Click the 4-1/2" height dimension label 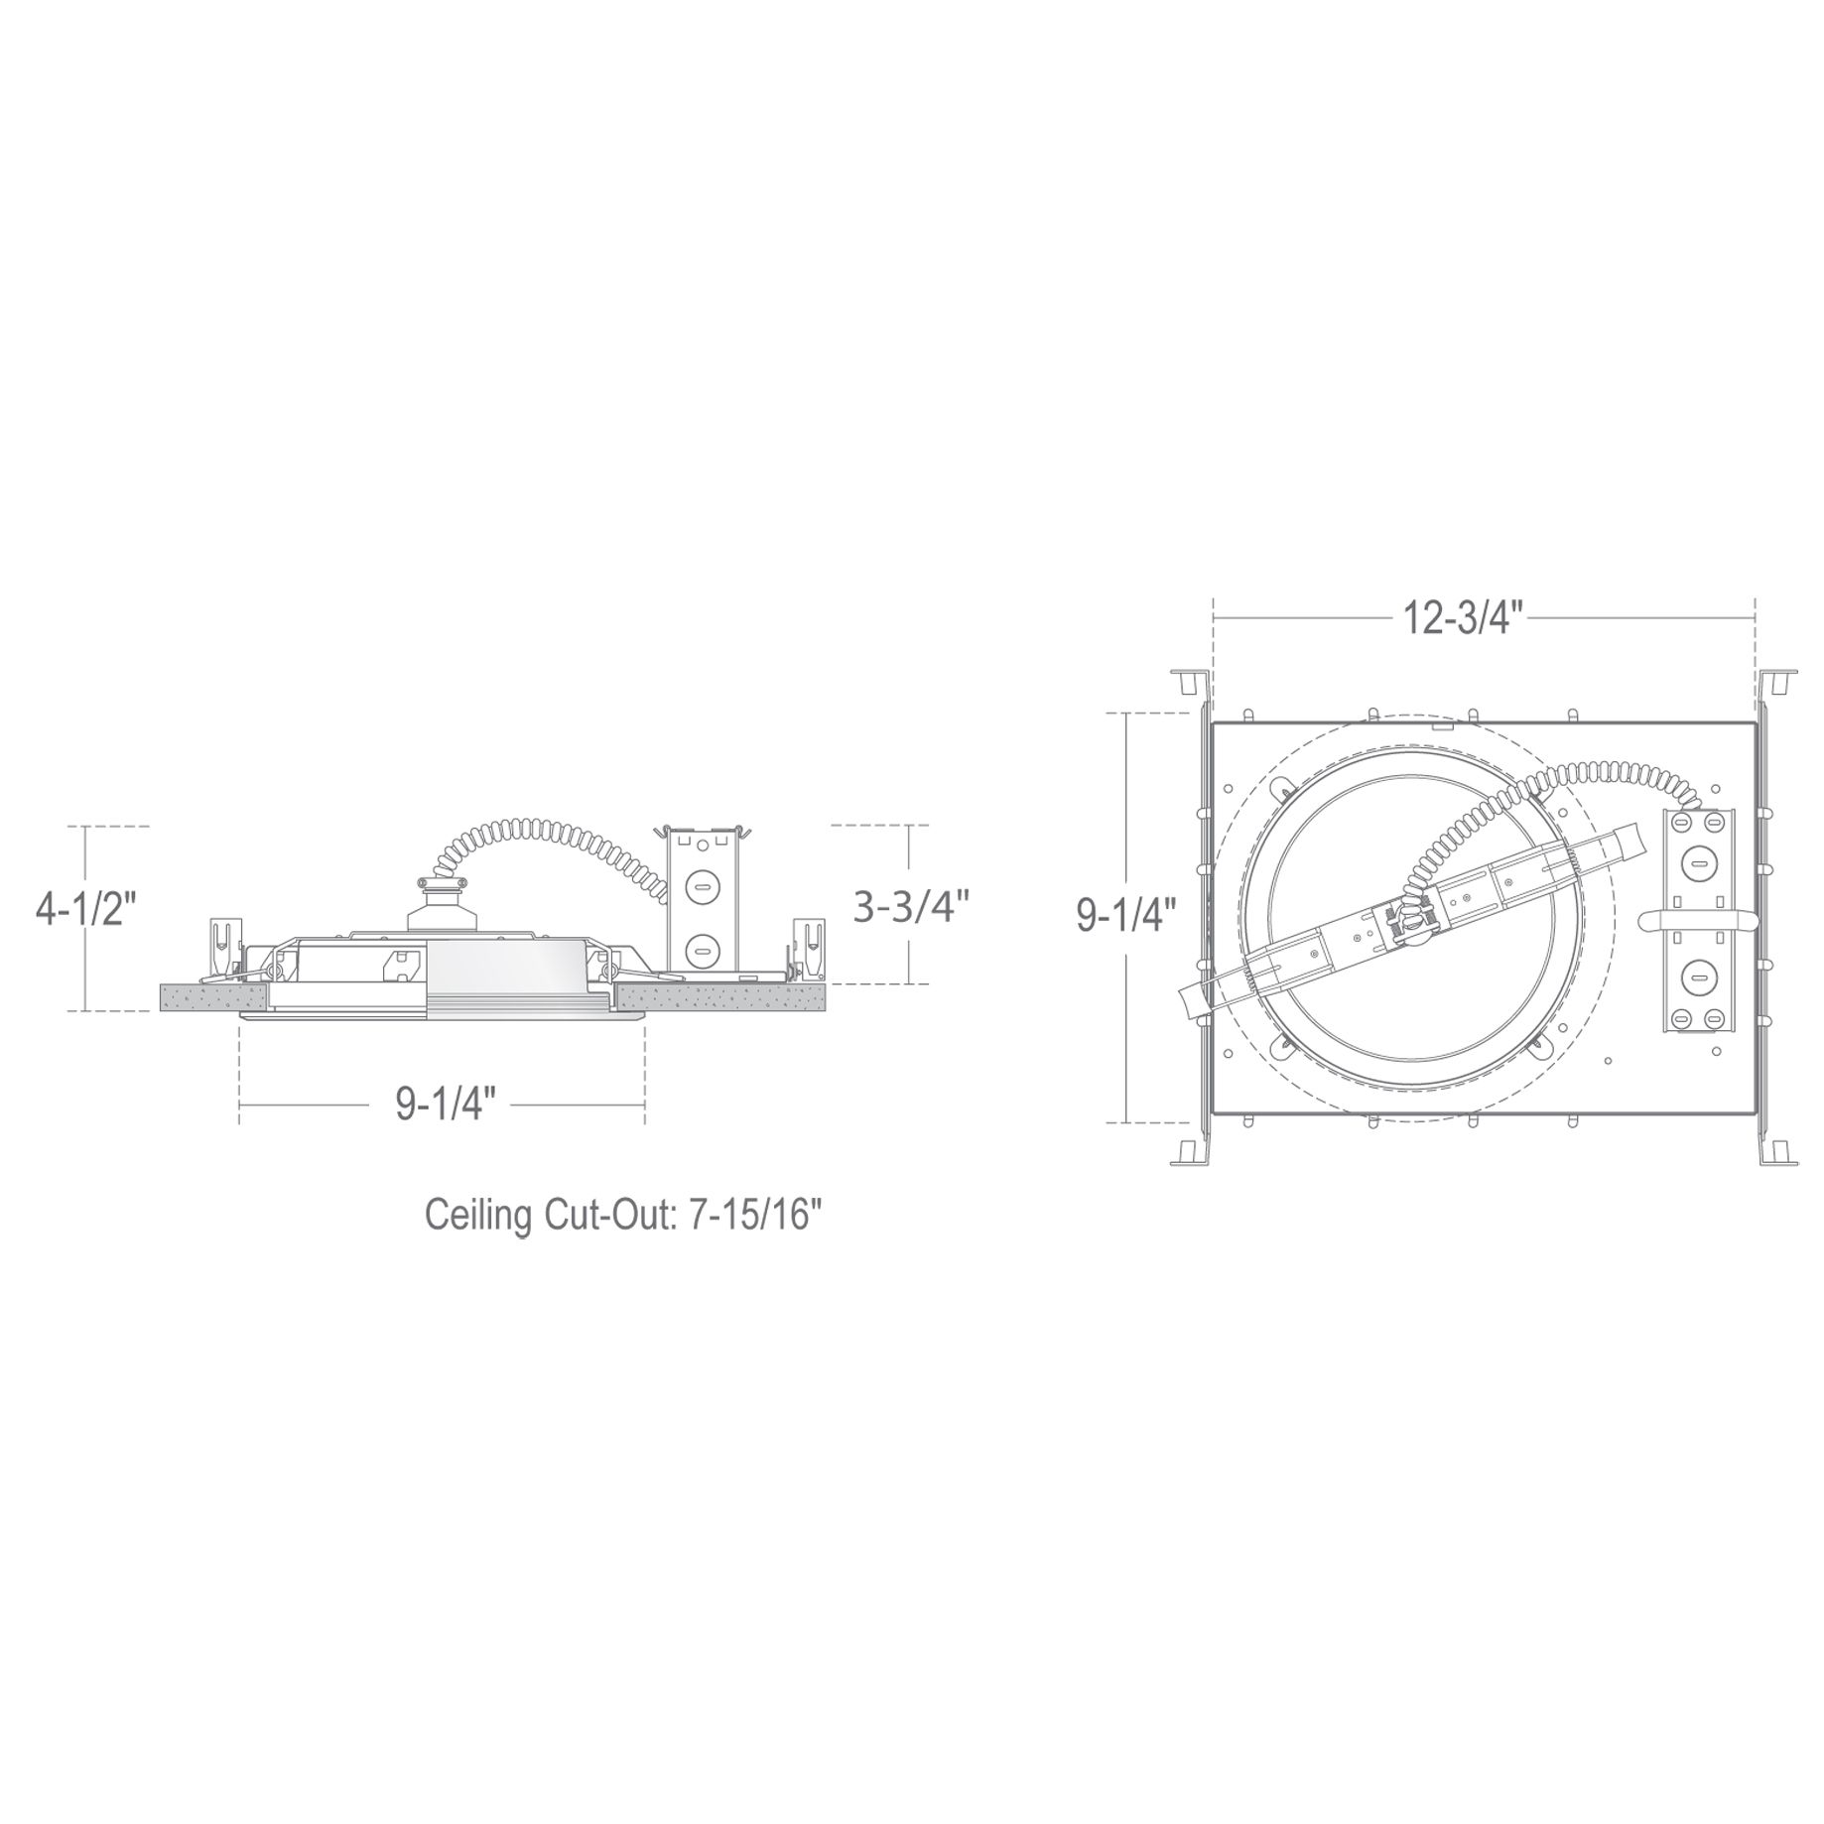[84, 909]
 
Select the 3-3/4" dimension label [911, 906]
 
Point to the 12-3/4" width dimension [1462, 619]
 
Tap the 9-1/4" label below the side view [446, 1104]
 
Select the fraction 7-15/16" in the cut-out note [752, 1215]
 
